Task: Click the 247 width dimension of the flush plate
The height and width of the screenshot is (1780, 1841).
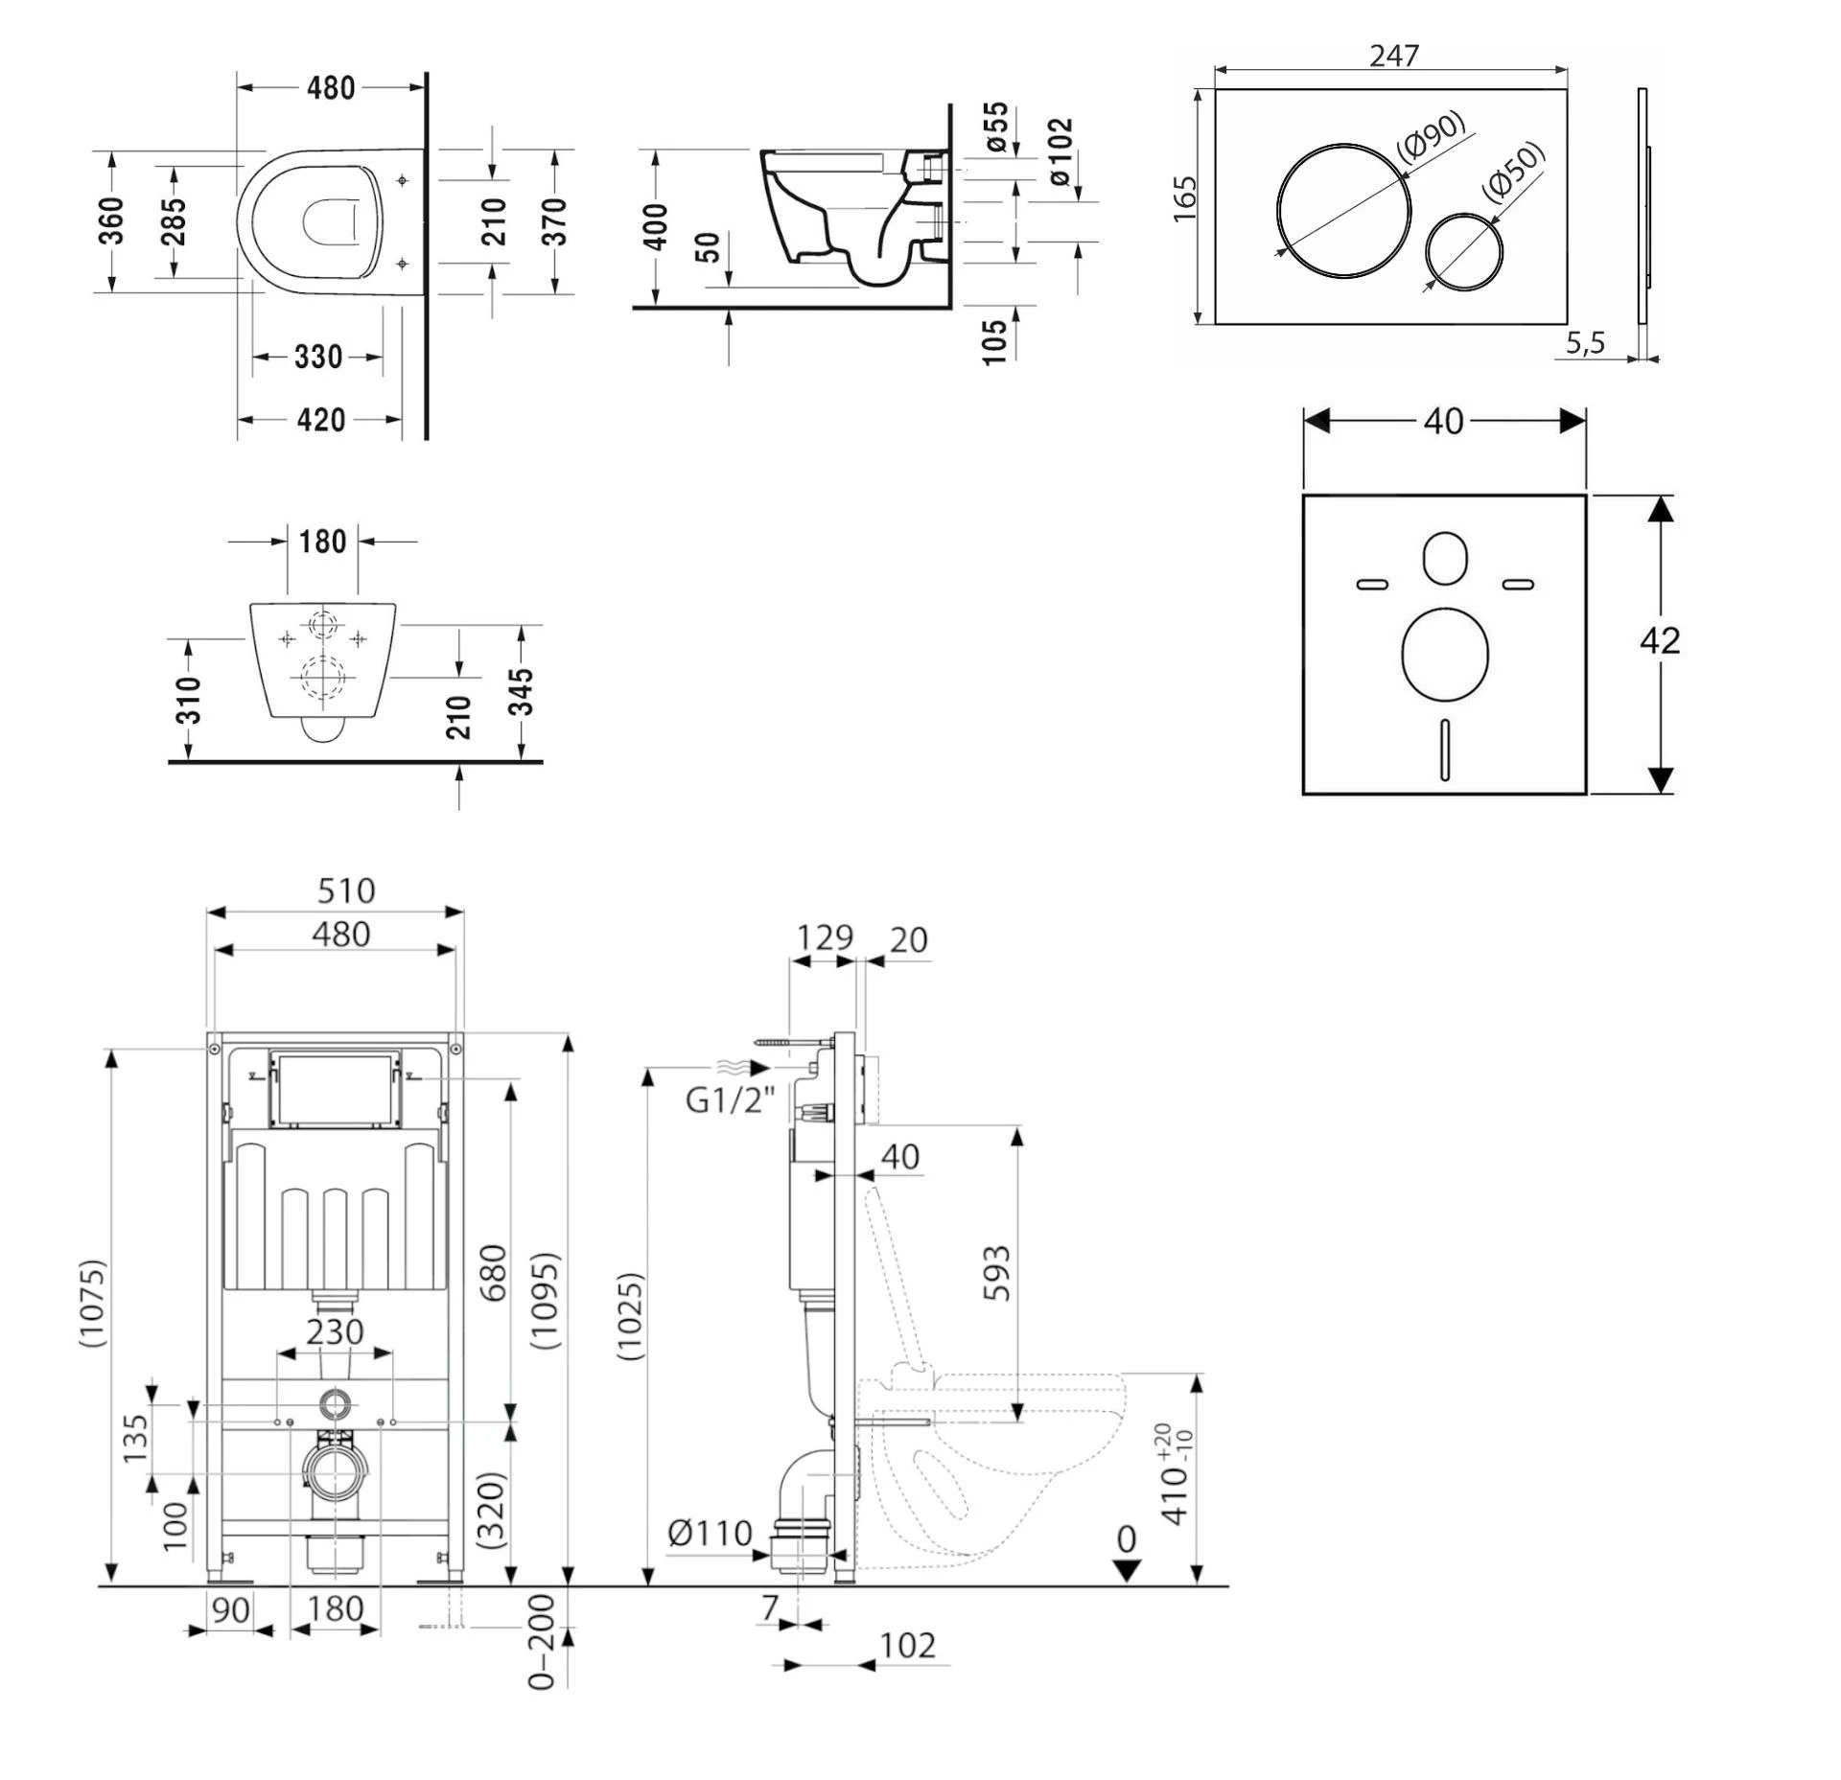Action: [1393, 56]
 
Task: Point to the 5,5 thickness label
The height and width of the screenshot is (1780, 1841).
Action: [1585, 342]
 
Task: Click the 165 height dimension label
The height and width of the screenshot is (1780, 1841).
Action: [1185, 198]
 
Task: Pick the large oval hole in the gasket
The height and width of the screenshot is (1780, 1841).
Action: [1444, 652]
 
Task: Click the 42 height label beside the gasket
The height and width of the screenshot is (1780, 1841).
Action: [1660, 640]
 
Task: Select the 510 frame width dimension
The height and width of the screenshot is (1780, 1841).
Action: [346, 890]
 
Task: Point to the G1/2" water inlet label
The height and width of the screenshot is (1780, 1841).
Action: [730, 1099]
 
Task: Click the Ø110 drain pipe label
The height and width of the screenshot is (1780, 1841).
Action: [710, 1533]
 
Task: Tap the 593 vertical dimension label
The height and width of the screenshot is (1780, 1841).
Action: [996, 1272]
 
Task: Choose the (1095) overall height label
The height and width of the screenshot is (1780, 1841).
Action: [545, 1301]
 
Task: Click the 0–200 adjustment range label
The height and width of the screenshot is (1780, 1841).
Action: [542, 1642]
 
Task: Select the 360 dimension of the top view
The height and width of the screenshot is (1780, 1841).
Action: [111, 220]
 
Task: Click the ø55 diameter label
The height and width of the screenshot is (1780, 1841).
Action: [997, 127]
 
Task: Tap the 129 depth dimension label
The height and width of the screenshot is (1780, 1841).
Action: [825, 936]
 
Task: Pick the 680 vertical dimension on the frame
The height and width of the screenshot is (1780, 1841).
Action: [492, 1272]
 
